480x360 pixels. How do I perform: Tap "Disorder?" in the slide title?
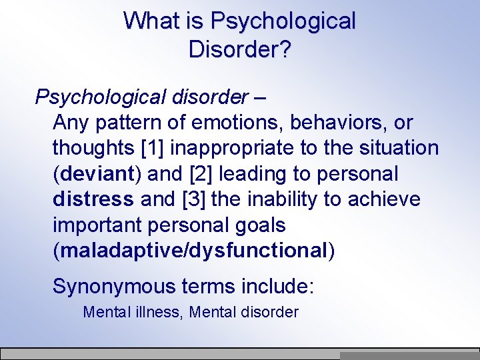tap(239, 49)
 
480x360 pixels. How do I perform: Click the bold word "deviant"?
tap(97, 174)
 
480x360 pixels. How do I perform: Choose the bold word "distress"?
tap(93, 199)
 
